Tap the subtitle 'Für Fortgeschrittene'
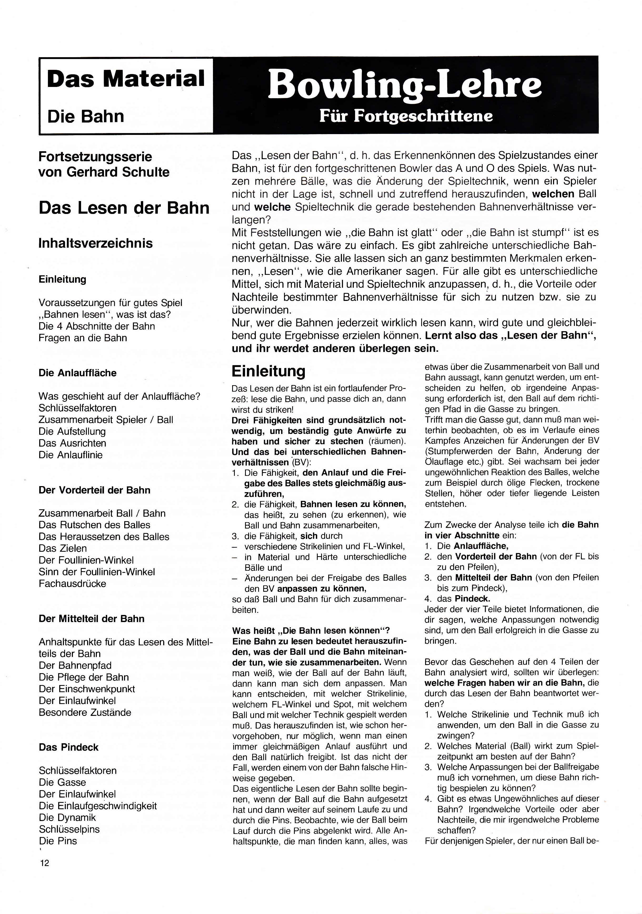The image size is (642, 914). pos(406,116)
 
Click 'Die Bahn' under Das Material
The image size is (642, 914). pos(86,116)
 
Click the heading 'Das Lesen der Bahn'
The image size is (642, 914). pos(124,208)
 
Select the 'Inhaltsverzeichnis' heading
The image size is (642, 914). pos(96,243)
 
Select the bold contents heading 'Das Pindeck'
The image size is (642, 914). pos(68,747)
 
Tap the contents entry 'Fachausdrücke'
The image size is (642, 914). pos(72,584)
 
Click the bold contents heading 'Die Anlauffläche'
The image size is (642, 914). pos(78,373)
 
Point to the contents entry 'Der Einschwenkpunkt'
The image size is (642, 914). pos(87,689)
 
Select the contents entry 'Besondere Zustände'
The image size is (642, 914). pos(85,712)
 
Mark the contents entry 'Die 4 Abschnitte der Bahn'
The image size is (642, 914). pos(97,326)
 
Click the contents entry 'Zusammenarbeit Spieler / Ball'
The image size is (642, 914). pos(106,419)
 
